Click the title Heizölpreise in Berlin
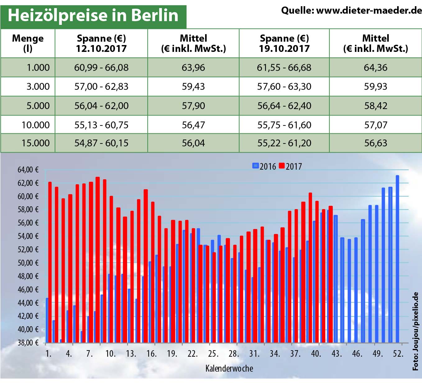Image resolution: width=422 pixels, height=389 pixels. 93,15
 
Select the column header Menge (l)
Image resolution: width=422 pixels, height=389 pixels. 28,43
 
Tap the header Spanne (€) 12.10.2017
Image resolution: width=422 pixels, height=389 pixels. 101,43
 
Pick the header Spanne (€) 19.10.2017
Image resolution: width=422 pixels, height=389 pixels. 284,43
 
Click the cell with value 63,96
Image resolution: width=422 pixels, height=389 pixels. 193,67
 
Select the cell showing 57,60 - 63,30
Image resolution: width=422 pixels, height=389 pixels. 284,86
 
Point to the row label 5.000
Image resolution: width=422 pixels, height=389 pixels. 38,106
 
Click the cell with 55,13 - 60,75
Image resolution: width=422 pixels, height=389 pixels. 101,125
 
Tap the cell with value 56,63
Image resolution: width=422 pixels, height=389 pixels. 376,143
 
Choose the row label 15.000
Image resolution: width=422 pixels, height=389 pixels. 35,143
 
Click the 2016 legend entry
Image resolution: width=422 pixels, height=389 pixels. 264,166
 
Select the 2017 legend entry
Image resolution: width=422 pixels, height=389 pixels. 291,166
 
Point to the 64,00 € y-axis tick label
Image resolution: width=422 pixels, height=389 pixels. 28,170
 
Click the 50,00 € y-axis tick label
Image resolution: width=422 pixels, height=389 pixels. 28,263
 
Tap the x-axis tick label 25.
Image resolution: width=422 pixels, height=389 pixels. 213,354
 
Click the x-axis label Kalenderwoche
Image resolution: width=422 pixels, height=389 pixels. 229,368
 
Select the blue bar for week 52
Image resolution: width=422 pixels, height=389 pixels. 397,258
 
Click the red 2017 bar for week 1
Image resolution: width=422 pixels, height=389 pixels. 50,261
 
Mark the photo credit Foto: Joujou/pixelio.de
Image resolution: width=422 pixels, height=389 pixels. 415,331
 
